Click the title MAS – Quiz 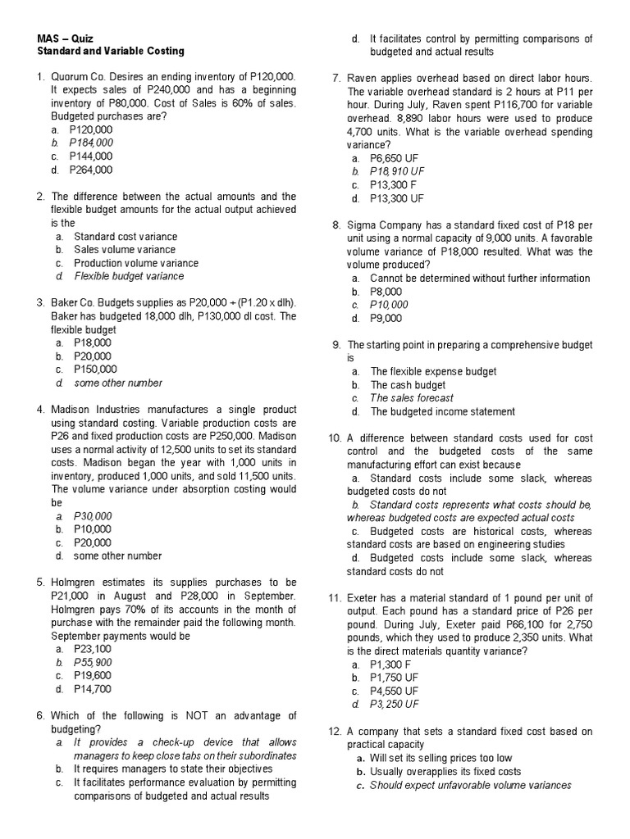pos(66,39)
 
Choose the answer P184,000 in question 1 pos(91,143)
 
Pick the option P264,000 pos(91,170)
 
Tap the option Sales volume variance pos(125,250)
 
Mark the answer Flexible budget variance pos(129,276)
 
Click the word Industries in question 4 pos(127,410)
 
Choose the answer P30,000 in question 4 pos(92,516)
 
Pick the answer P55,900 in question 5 pos(92,662)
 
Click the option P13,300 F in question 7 pos(393,185)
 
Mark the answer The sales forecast pos(412,398)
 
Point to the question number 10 pos(335,438)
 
